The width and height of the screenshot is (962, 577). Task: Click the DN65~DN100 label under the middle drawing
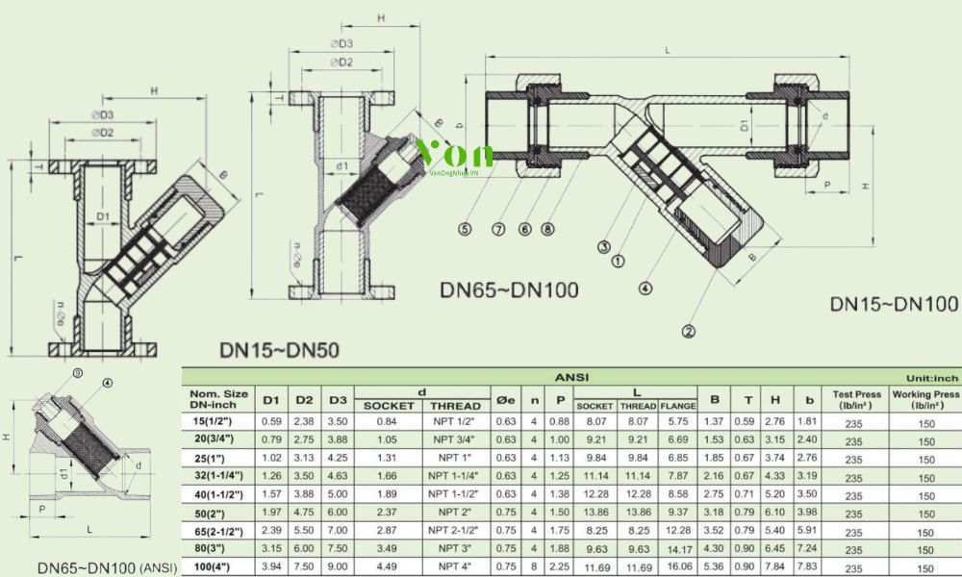[509, 289]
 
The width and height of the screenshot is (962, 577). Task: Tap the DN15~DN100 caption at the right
[894, 305]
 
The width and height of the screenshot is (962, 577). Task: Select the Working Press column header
[925, 400]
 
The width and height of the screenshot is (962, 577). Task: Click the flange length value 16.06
[678, 567]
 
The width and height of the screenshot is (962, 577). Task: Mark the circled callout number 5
[465, 229]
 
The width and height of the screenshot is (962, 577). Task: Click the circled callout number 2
[688, 334]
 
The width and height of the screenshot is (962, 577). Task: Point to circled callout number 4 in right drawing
[645, 286]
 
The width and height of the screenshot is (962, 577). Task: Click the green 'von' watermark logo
[455, 154]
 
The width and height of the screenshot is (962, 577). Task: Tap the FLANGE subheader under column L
[678, 407]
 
